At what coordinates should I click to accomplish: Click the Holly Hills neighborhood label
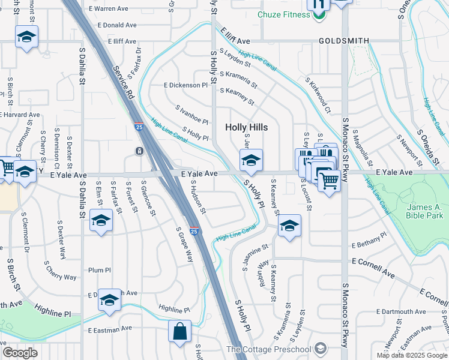tap(246, 127)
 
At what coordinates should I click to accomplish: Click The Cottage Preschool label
tap(268, 350)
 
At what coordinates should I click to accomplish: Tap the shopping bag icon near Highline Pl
tap(180, 331)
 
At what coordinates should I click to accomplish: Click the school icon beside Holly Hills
tap(251, 160)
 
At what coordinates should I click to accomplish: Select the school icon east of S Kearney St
tap(289, 226)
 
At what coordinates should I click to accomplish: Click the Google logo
tap(20, 352)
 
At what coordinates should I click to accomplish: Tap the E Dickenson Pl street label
tap(185, 85)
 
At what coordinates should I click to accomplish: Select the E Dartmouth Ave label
tap(402, 312)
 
